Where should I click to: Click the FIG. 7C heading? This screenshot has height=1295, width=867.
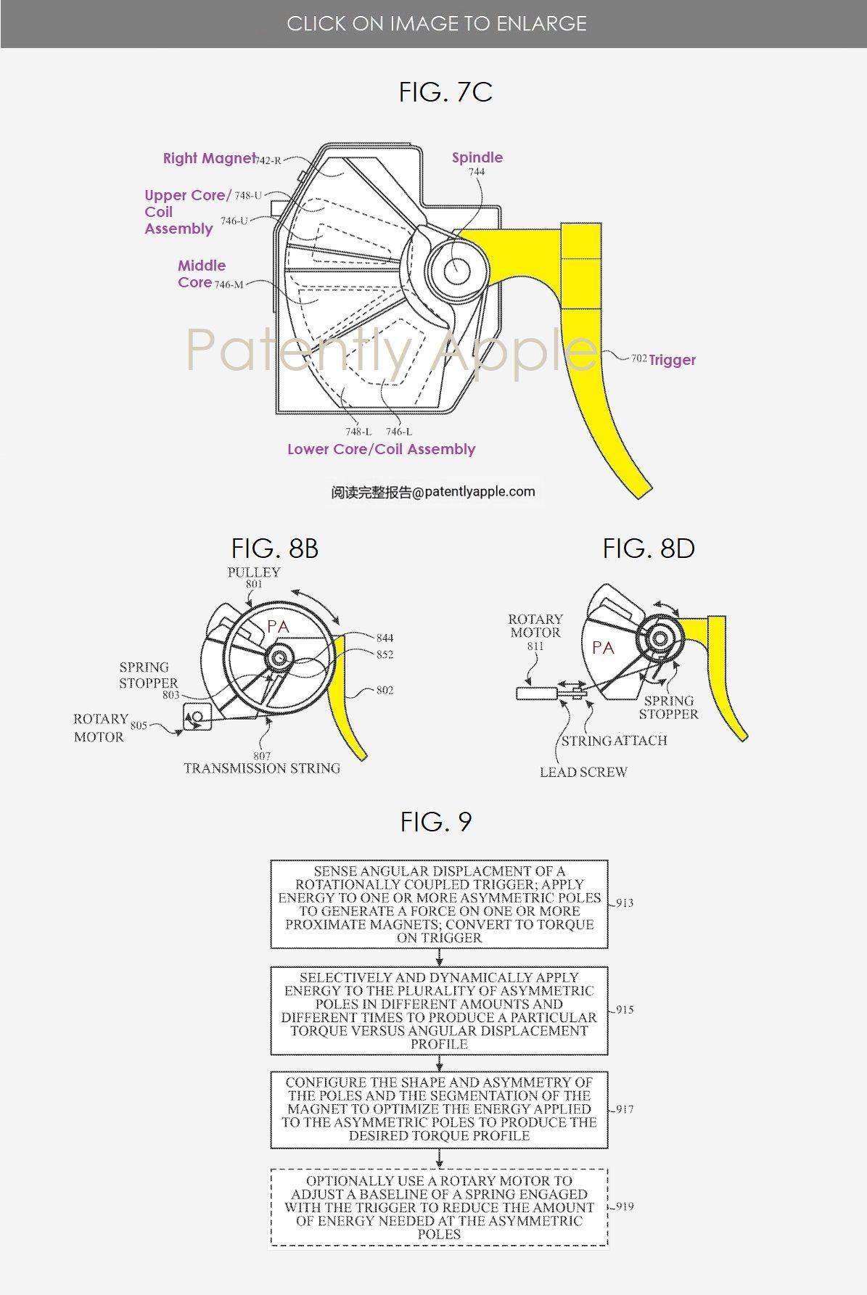(x=445, y=92)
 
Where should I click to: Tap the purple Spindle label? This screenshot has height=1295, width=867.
(x=477, y=157)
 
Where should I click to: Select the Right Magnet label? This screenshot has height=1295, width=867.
(x=209, y=158)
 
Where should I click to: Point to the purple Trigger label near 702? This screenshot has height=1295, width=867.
(x=672, y=360)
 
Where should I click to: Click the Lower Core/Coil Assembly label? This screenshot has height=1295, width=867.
(x=381, y=449)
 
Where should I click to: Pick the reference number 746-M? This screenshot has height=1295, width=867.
(x=229, y=284)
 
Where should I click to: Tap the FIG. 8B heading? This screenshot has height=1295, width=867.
(x=275, y=548)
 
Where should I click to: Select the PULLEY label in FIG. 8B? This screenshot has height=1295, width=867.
(x=253, y=572)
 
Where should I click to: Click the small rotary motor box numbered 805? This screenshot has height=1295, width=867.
(x=197, y=716)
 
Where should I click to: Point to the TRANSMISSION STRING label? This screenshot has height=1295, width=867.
(x=262, y=768)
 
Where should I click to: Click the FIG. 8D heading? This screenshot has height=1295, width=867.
(x=649, y=548)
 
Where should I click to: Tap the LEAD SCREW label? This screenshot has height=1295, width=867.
(x=583, y=772)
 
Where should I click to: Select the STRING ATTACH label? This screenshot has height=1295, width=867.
(x=614, y=741)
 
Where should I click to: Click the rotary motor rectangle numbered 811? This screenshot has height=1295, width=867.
(x=536, y=694)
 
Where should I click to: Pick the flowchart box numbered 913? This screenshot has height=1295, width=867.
(x=439, y=904)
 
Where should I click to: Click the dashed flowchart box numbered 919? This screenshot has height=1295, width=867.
(x=439, y=1207)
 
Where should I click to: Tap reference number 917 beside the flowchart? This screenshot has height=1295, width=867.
(x=623, y=1109)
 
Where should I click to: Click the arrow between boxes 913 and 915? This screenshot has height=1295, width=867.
(x=439, y=957)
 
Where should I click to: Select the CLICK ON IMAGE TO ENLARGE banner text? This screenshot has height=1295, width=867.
(x=437, y=24)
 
